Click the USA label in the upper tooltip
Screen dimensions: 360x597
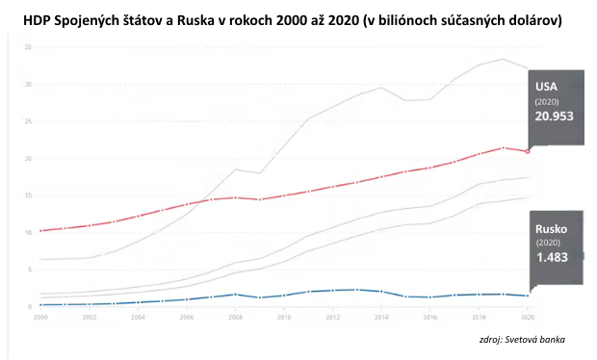point(547,87)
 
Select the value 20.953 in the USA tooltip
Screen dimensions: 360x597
point(556,116)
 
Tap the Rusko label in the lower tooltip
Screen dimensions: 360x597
point(553,228)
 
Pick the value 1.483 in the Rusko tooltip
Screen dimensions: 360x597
point(553,258)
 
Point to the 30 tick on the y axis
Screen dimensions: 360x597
point(30,84)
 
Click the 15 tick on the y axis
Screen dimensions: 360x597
point(30,195)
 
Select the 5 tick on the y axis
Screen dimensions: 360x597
point(32,270)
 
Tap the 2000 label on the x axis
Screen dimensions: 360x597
point(40,316)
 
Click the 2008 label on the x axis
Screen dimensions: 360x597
point(234,316)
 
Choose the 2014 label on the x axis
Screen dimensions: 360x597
point(380,316)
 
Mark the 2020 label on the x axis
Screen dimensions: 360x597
point(526,316)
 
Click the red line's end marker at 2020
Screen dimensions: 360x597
point(526,151)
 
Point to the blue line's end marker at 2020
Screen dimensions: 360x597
point(526,296)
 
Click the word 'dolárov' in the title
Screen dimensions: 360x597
point(530,19)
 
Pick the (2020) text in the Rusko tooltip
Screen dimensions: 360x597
point(549,243)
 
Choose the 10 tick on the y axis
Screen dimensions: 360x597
point(30,232)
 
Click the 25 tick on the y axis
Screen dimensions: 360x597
point(30,121)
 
